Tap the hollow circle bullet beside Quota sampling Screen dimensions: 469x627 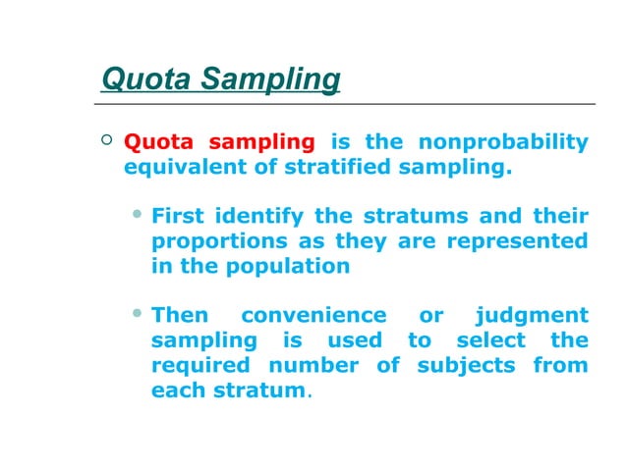coord(107,143)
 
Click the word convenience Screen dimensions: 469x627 coord(313,316)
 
